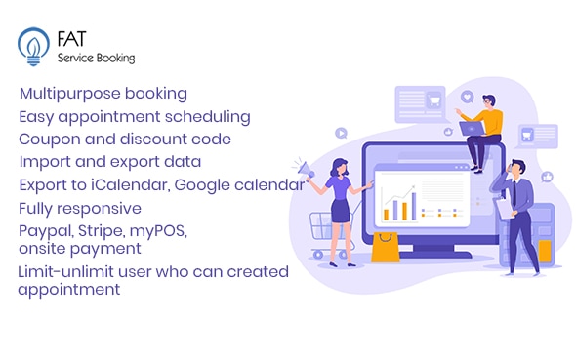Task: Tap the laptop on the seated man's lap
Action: tap(473, 128)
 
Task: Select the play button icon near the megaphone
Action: tap(340, 133)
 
